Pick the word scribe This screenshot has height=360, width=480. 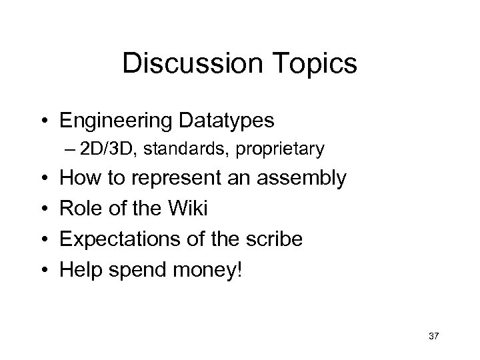coord(277,239)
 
